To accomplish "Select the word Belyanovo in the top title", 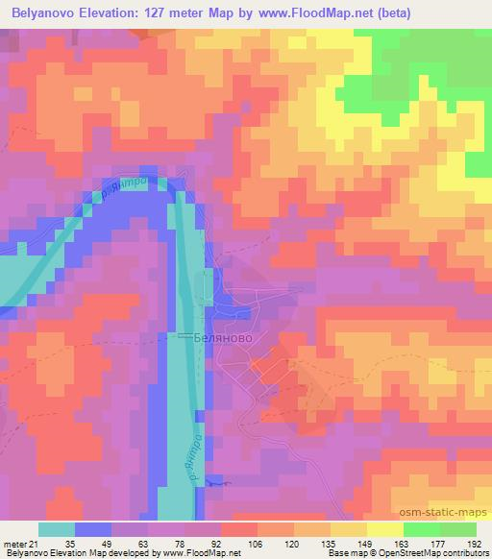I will point(49,12).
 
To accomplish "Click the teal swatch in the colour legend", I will point(57,530).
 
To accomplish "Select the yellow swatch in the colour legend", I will point(385,530).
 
